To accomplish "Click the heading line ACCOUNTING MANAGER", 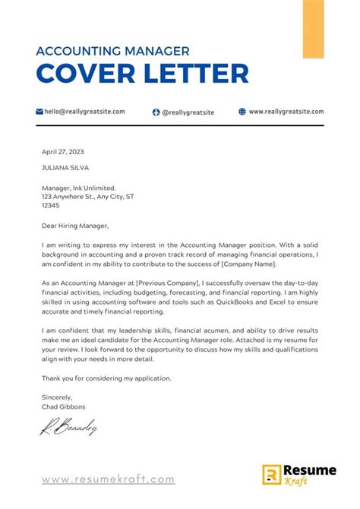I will click(112, 52).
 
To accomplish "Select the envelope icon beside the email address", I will click(39, 111).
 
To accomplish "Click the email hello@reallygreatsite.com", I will click(84, 111).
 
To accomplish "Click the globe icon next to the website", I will click(242, 111).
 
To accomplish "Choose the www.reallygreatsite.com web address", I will click(286, 111).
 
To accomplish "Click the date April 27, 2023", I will click(63, 152).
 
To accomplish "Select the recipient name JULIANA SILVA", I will click(68, 168).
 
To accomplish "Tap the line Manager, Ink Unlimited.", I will click(79, 187).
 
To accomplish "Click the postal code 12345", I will click(51, 205).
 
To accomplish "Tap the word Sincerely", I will click(58, 397).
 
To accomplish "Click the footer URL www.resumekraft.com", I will click(108, 479).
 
